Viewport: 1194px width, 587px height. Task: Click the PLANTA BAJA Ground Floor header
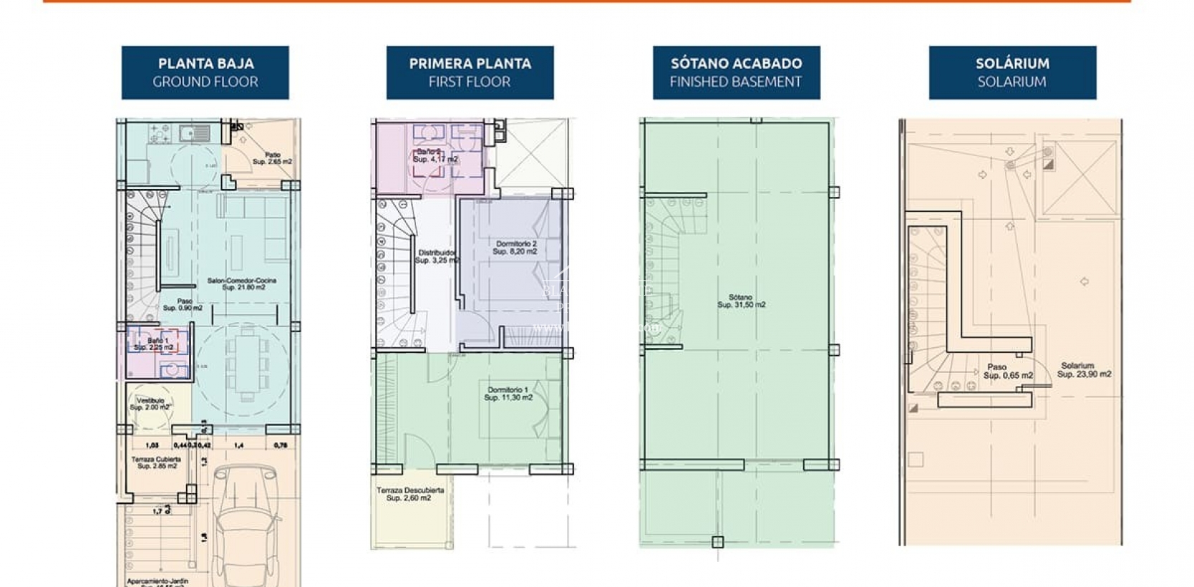pos(205,72)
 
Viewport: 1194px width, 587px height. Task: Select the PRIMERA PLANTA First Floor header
pos(470,72)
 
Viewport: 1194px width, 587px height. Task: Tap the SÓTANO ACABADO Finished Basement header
pos(736,72)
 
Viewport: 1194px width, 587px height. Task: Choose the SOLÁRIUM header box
pos(1011,72)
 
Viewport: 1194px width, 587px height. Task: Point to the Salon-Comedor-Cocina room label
pos(242,283)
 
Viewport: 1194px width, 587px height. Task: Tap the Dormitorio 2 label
pos(515,248)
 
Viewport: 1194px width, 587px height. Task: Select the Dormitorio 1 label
pos(508,394)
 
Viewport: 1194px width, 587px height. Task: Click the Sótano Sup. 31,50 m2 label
pos(741,301)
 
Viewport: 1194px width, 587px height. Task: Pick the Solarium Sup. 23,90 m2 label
pos(1083,369)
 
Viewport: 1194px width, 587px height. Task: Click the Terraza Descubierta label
pos(410,494)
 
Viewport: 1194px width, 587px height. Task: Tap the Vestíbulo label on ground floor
pos(150,404)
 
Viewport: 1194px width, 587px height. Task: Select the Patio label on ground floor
pos(272,158)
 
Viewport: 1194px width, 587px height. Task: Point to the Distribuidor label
pos(436,256)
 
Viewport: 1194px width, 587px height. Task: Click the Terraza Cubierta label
pos(156,462)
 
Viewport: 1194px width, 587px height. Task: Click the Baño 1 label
pos(155,344)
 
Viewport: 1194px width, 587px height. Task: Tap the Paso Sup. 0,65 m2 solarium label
pos(1007,371)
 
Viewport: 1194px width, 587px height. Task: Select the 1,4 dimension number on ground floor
pos(238,445)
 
